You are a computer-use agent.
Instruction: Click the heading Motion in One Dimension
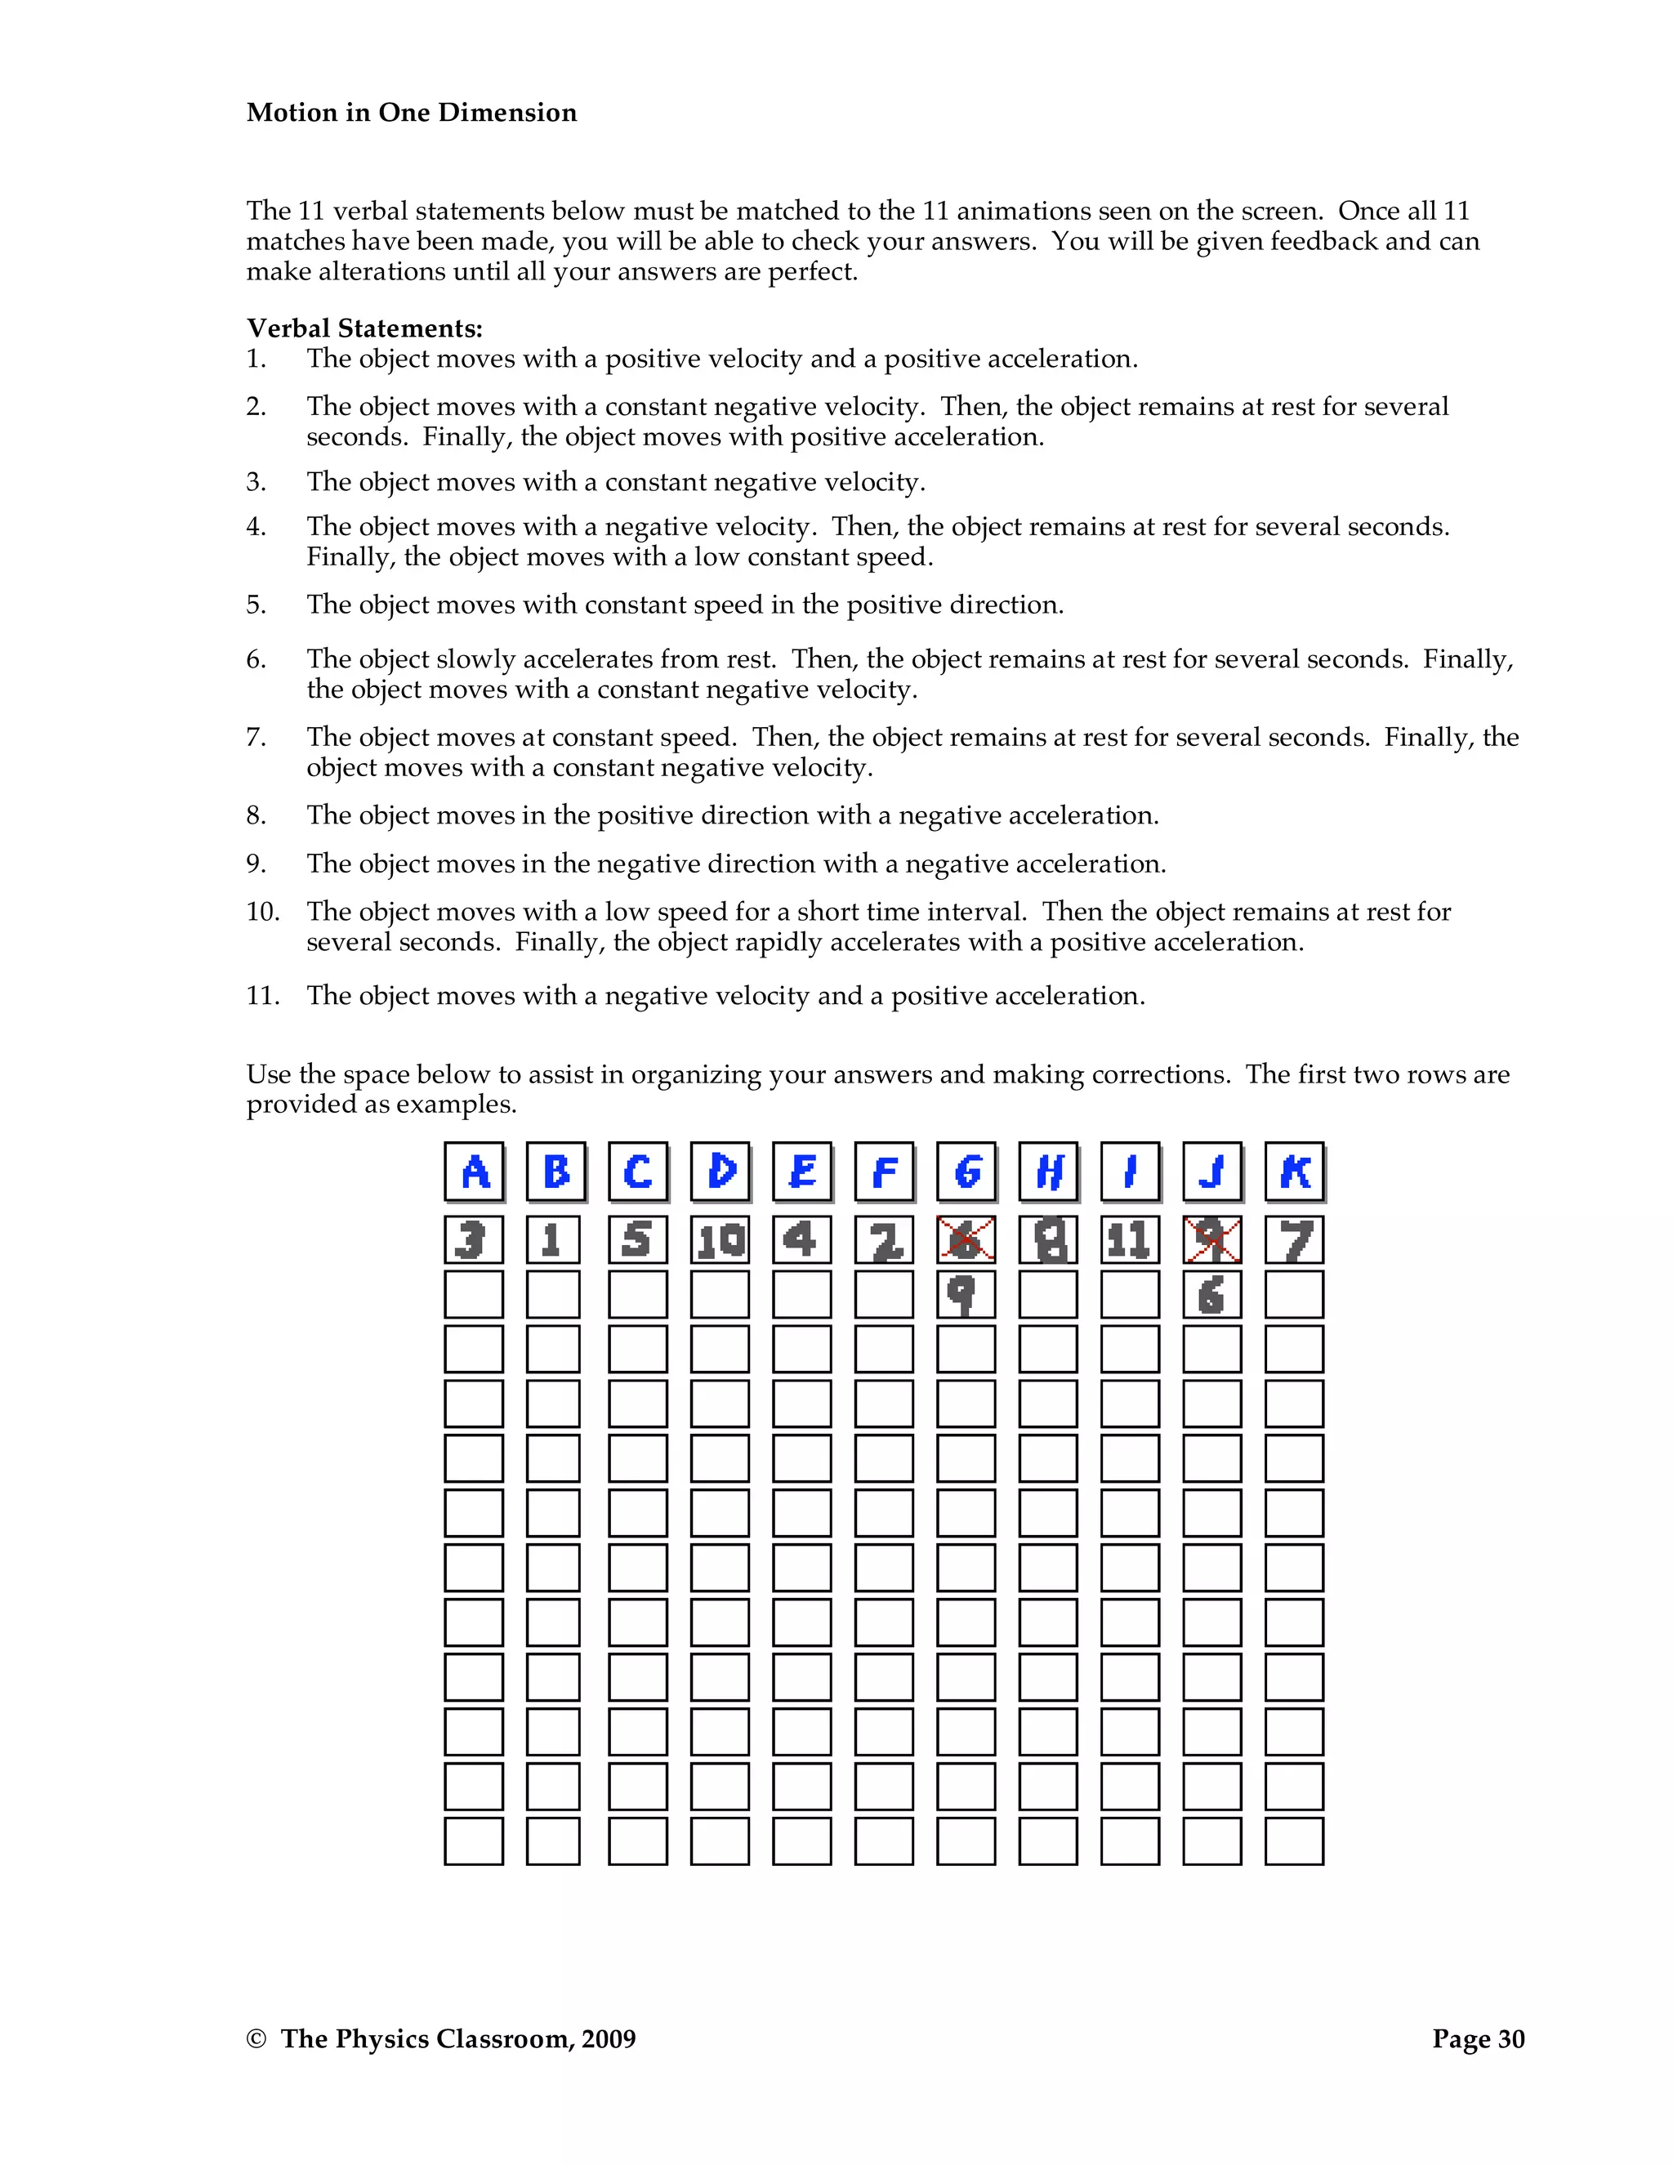(x=412, y=112)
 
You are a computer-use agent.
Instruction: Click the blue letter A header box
(x=475, y=1172)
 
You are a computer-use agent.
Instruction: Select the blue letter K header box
(x=1295, y=1172)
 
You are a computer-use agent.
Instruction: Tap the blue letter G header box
(x=966, y=1172)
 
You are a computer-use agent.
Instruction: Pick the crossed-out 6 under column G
(x=966, y=1239)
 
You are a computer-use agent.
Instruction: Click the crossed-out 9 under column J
(x=1212, y=1239)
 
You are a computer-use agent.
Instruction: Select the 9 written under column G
(x=961, y=1293)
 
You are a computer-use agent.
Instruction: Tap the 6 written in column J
(x=1211, y=1293)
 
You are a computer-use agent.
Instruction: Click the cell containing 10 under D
(x=721, y=1239)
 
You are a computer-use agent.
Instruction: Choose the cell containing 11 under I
(x=1130, y=1239)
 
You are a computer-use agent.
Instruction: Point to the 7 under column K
(x=1296, y=1239)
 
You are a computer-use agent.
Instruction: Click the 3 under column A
(x=472, y=1239)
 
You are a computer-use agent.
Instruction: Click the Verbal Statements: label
(x=364, y=328)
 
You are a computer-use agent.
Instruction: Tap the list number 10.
(x=263, y=912)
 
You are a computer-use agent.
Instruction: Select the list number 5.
(x=256, y=605)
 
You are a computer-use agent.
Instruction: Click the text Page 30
(x=1478, y=2039)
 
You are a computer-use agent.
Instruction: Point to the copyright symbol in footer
(x=256, y=2039)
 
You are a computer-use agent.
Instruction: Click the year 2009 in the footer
(x=609, y=2039)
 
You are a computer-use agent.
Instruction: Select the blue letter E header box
(x=802, y=1172)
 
